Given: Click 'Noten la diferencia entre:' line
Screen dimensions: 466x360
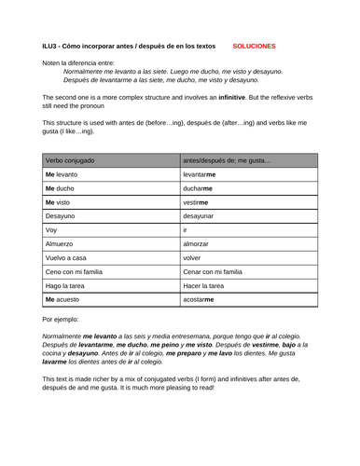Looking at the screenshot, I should click(81, 62).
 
